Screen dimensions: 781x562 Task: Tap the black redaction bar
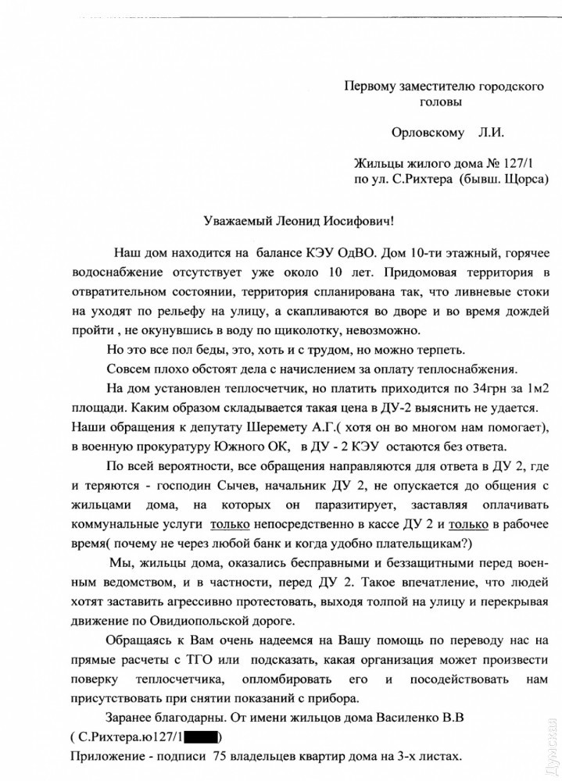[x=202, y=736]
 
